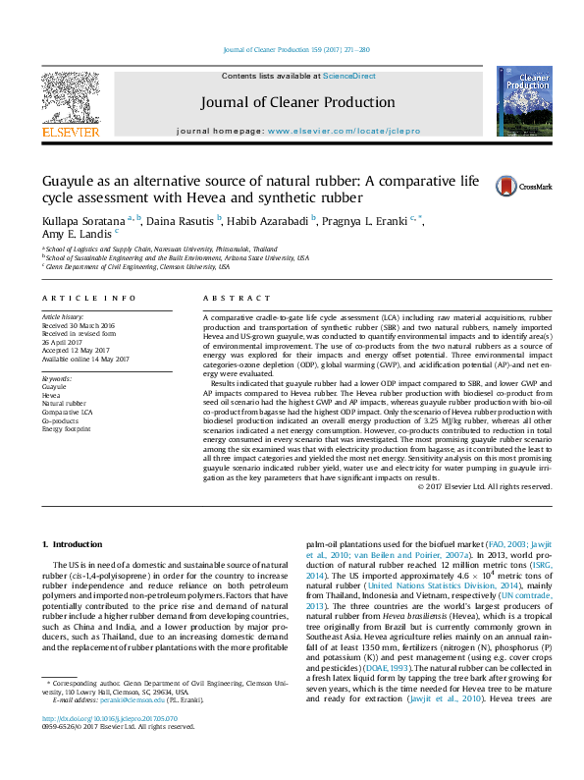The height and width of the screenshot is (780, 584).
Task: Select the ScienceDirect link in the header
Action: point(349,76)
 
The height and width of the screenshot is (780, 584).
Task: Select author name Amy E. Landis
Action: point(76,234)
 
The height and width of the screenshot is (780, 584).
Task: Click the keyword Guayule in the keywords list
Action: point(54,387)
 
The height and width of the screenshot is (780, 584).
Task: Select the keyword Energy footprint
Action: point(68,429)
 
